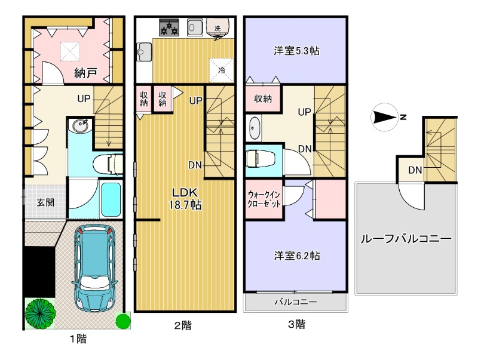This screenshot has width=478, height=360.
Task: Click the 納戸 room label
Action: point(86,73)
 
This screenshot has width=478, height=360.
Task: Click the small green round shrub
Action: point(122,321)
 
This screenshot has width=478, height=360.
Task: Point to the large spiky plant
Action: point(41,311)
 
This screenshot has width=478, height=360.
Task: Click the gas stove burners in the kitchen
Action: point(170,27)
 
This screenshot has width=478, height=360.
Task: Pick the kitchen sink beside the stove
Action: point(195,27)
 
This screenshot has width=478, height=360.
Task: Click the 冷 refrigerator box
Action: point(221,69)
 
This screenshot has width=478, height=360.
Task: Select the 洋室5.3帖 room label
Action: point(296,51)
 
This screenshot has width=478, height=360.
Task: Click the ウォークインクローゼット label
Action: point(264,199)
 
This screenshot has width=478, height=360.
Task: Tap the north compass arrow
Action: point(386,118)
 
